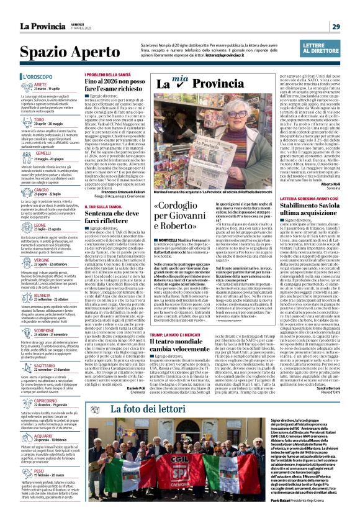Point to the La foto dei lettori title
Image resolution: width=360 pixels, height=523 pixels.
[x=149, y=409]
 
